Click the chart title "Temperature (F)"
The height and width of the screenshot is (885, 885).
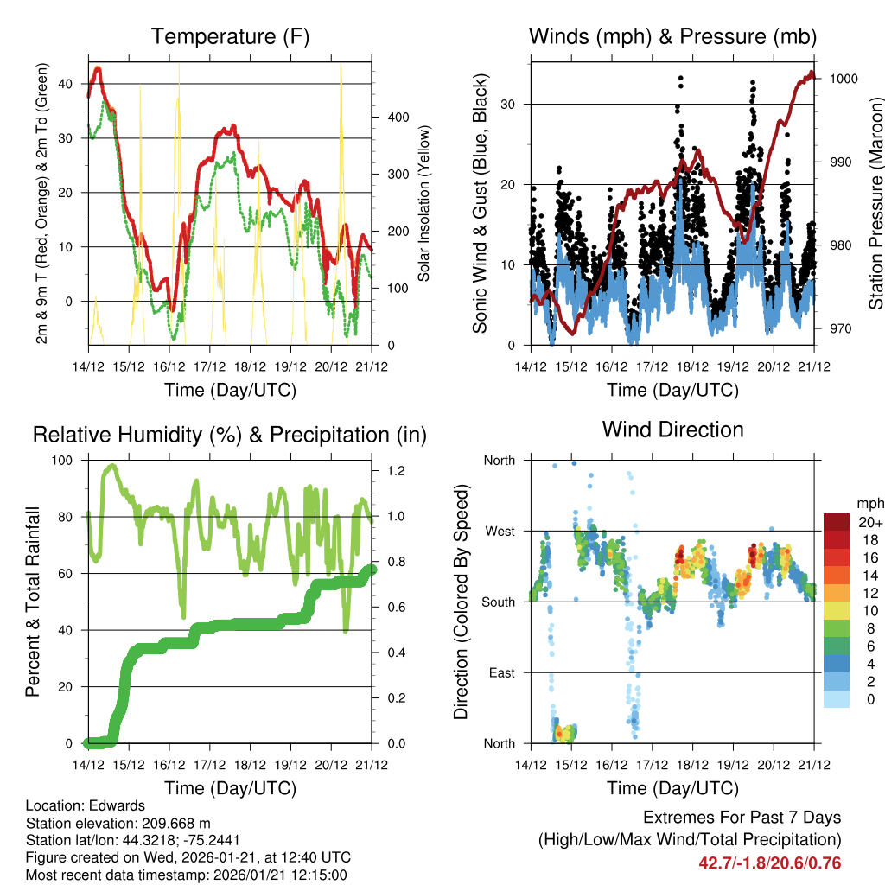coord(230,37)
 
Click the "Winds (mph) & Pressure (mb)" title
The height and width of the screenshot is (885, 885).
coord(672,37)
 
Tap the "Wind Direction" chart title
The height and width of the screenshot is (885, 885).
coord(672,430)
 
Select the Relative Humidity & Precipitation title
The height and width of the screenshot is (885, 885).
coord(230,435)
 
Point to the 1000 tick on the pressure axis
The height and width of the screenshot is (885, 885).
coord(843,79)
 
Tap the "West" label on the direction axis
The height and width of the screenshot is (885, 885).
coord(499,531)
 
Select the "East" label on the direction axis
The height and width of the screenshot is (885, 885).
coord(500,672)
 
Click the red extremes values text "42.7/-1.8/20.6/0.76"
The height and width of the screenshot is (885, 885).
coord(769,863)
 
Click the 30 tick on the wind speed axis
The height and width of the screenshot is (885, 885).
coord(508,105)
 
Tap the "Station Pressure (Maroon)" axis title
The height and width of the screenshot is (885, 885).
coord(875,203)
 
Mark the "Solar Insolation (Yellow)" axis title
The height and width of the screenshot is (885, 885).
coord(423,203)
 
